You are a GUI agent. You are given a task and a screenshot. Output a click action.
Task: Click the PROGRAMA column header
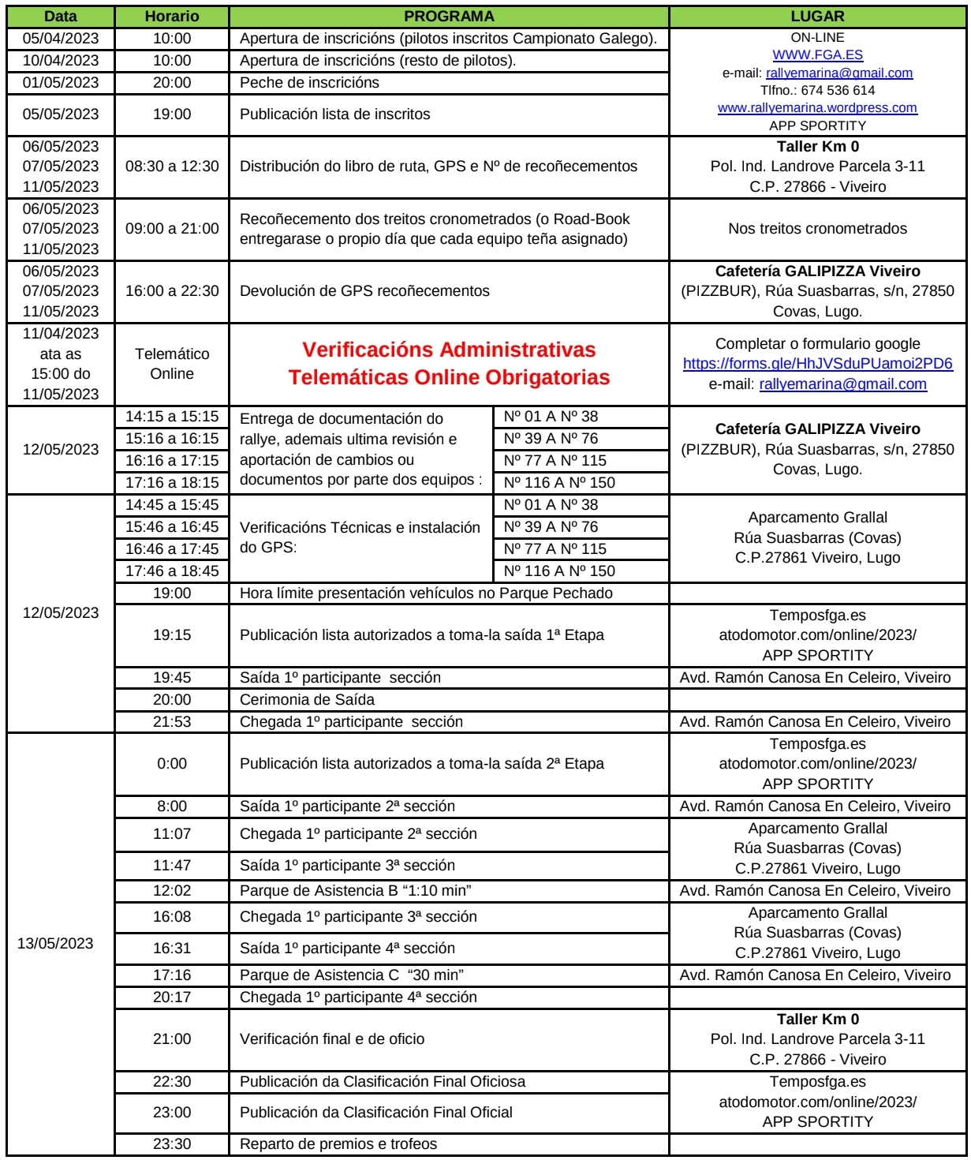coord(449,17)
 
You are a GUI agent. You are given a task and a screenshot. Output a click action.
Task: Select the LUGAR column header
coord(817,17)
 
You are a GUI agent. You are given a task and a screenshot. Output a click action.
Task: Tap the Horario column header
coord(172,17)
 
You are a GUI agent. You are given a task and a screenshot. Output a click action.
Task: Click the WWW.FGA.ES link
coord(817,55)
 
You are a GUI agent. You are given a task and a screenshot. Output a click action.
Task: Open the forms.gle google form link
coord(817,365)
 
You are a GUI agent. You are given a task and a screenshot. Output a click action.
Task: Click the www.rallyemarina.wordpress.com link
coord(817,108)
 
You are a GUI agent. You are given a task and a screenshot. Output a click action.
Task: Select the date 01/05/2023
coord(61,83)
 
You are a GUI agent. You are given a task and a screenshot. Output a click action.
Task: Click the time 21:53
coord(172,722)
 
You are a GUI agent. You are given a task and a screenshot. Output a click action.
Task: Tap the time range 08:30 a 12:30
coord(172,167)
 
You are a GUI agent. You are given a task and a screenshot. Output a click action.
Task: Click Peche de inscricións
coord(309,83)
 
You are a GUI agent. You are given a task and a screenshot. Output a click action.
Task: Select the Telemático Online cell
coord(172,364)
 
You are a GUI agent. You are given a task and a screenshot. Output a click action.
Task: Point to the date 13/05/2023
coord(55,944)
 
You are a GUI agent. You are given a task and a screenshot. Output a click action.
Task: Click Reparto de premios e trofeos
coord(338,1144)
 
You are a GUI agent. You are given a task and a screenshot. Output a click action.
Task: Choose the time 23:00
coord(172,1113)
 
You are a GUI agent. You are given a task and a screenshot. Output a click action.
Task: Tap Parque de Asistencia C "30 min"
coord(352,975)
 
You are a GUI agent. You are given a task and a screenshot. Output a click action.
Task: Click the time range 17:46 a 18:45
coord(172,571)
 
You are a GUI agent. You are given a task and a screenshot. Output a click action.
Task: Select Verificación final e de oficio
coord(332,1039)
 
